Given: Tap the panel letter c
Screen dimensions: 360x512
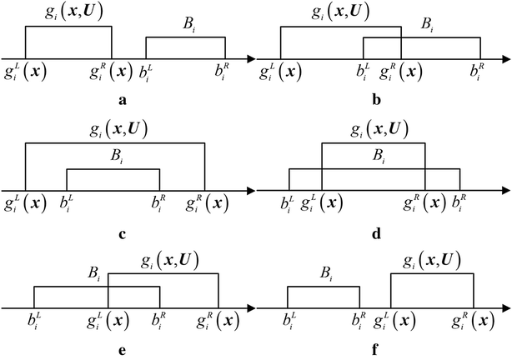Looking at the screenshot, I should coord(122,232).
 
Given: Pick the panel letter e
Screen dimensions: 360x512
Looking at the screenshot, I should coord(122,351).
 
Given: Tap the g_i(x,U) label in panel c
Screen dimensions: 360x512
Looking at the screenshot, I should coord(115,130).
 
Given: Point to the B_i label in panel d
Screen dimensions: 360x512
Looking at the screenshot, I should coord(379,156).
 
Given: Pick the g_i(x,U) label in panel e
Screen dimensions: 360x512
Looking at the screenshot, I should coord(163,261).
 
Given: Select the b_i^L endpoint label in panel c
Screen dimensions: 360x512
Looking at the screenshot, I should coord(68,203).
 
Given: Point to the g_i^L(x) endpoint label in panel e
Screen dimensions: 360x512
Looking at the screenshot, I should coord(108,322).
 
